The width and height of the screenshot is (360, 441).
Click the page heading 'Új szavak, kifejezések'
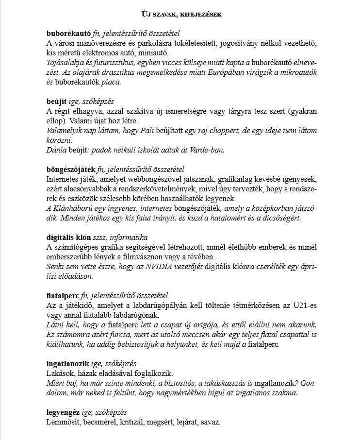pos(180,14)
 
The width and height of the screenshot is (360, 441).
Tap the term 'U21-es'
pos(305,305)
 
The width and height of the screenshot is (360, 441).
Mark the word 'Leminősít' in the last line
pos(62,422)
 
